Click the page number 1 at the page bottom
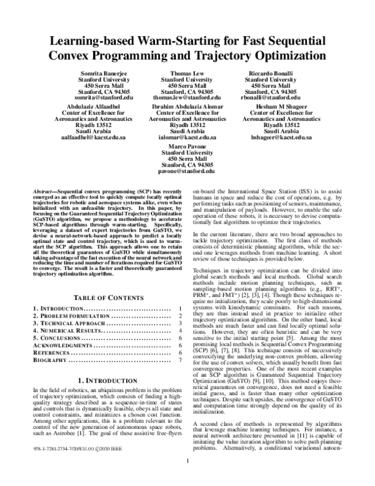[x=187, y=480]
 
